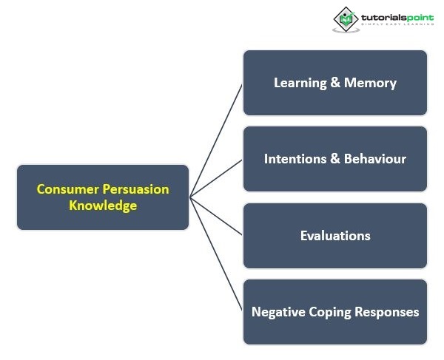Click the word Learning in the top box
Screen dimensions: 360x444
tap(300, 83)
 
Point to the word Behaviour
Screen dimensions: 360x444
tap(375, 159)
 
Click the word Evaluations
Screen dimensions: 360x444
tap(335, 236)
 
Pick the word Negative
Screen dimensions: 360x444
tap(278, 312)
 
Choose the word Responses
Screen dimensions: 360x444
tap(389, 312)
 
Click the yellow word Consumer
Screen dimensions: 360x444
tap(66, 189)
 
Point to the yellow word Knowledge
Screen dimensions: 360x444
tap(103, 206)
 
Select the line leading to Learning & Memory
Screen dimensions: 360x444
tap(216, 140)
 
